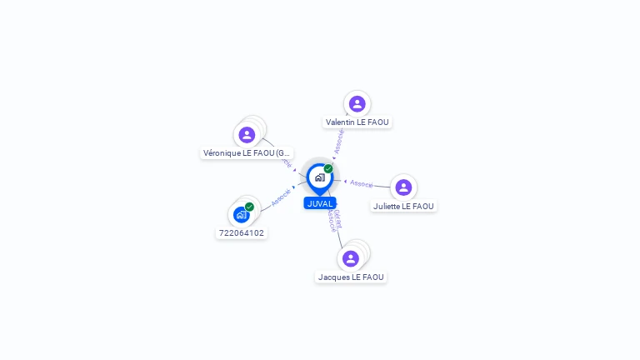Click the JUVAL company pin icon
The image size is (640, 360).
tap(319, 177)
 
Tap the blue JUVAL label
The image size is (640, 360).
tap(320, 203)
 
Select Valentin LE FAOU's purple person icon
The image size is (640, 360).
tap(357, 104)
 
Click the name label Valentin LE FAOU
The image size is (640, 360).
tap(357, 122)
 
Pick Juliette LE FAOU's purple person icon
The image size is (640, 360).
tap(403, 187)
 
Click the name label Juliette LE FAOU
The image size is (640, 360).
tap(403, 207)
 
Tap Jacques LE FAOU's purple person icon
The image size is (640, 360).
tap(351, 258)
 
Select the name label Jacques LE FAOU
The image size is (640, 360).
tap(351, 277)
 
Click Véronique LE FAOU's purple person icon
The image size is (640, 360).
tap(247, 134)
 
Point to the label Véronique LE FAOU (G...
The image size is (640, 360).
tap(247, 153)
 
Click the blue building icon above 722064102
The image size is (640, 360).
tap(241, 215)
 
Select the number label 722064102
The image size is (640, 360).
tap(242, 233)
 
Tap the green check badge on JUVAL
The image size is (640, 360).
tap(328, 168)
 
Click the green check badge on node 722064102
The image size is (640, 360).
tap(249, 207)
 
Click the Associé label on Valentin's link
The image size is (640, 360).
tap(339, 141)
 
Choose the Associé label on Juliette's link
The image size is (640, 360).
tap(362, 183)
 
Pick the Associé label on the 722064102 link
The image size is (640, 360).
tap(282, 197)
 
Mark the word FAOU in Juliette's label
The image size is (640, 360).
tap(422, 207)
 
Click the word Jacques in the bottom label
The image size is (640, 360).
tap(333, 277)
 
